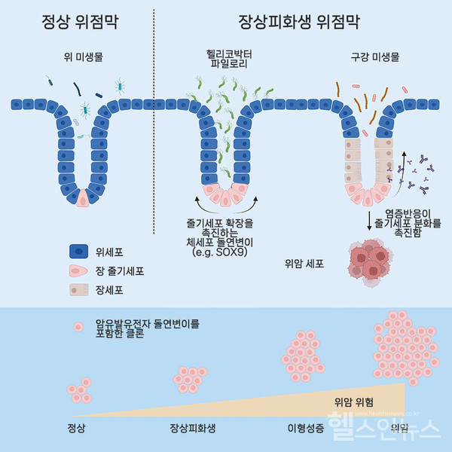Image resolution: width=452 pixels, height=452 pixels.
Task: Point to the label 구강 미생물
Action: (375, 56)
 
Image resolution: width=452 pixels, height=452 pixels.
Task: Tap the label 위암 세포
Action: (302, 264)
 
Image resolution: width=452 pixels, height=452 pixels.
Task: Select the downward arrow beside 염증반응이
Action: (370, 221)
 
